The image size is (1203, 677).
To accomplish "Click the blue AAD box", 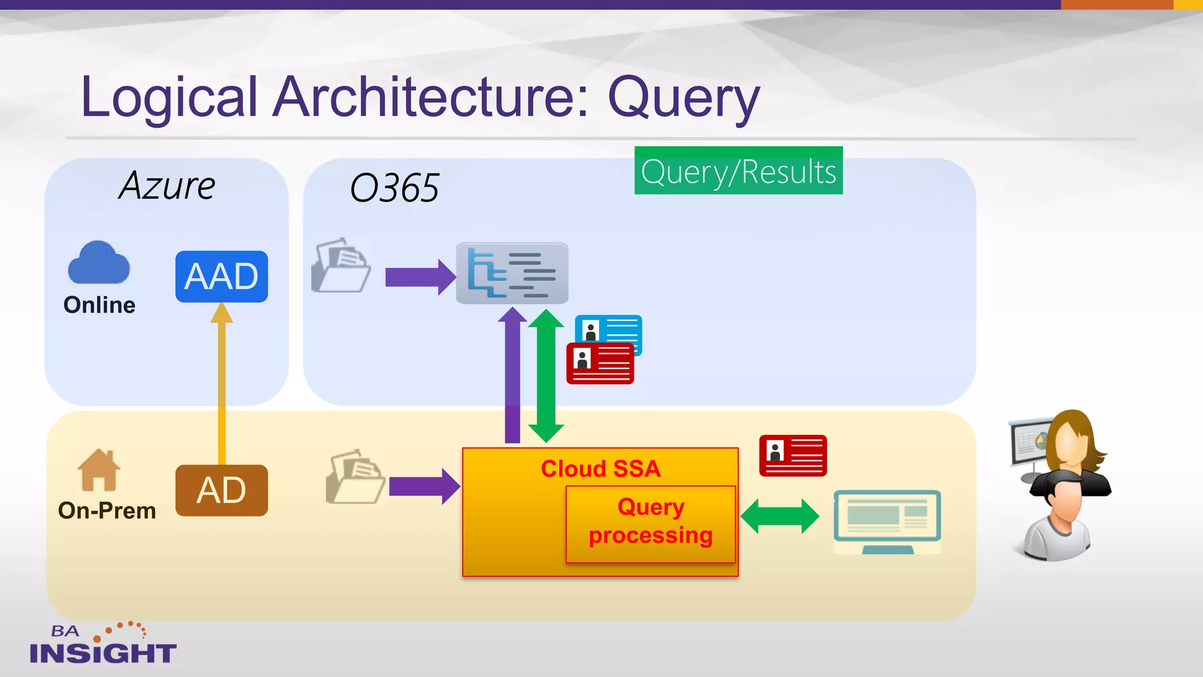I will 221,276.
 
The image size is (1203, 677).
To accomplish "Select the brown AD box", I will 221,490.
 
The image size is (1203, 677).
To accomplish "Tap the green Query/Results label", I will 738,171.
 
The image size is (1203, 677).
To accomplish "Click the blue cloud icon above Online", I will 99,263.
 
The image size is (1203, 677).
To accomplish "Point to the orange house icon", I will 99,470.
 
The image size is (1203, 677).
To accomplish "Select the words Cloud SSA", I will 600,469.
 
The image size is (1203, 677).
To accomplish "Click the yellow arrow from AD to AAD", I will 221,388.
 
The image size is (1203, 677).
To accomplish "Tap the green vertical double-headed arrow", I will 546,376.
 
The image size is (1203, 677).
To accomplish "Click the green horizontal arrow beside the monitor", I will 779,517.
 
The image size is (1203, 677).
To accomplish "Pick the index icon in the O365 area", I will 512,273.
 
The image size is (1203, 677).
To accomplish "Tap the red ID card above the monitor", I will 792,455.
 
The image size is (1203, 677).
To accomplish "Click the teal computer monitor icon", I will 887,520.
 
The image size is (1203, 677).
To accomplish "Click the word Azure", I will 167,186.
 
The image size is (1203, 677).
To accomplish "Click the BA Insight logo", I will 103,644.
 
